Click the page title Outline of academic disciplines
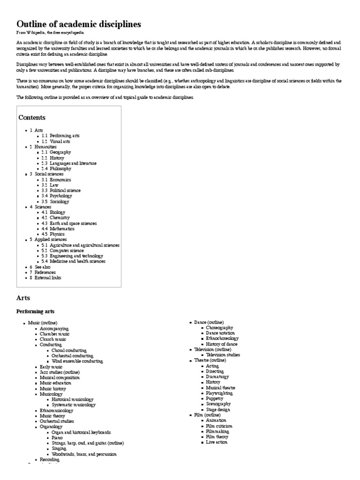pyautogui.click(x=78, y=24)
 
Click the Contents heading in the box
pyautogui.click(x=32, y=117)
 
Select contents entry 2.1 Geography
pyautogui.click(x=56, y=152)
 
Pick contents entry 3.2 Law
pyautogui.click(x=50, y=185)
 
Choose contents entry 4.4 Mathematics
pyautogui.click(x=58, y=229)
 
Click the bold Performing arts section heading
pyautogui.click(x=35, y=311)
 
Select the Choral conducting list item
pyautogui.click(x=72, y=350)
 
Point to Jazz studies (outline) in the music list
pyautogui.click(x=60, y=372)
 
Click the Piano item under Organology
pyautogui.click(x=58, y=438)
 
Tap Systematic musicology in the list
pyautogui.click(x=74, y=405)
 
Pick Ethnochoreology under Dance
pyautogui.click(x=222, y=338)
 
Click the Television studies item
pyautogui.click(x=223, y=355)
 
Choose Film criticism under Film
pyautogui.click(x=219, y=426)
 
